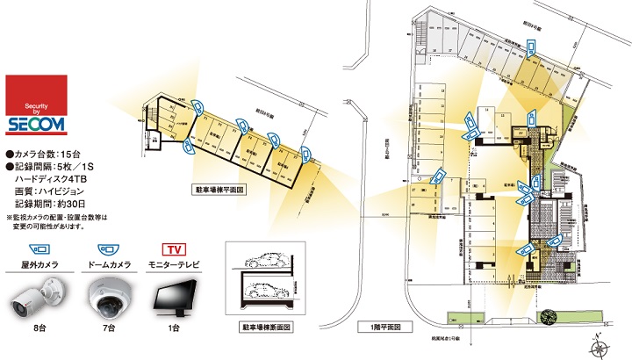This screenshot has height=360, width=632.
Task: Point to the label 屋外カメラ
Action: [37, 263]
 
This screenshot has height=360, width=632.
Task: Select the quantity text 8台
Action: [37, 329]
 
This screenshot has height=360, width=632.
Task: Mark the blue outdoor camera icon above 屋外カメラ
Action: [37, 248]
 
